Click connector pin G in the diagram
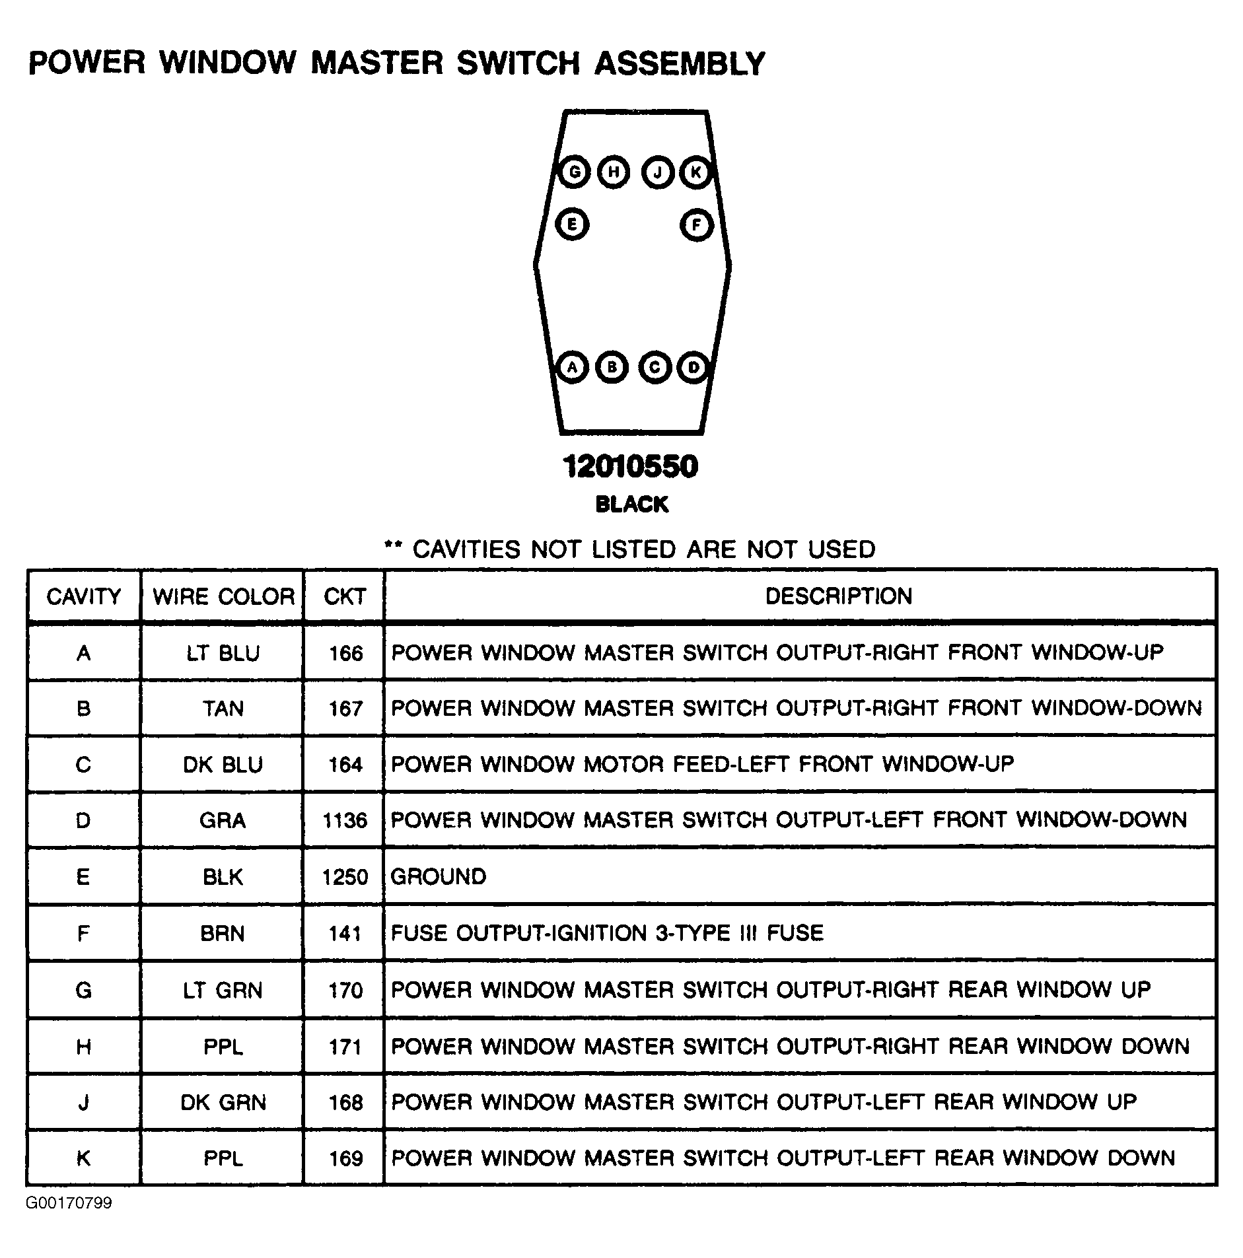click(573, 173)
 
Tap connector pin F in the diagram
click(696, 225)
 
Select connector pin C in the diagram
click(655, 367)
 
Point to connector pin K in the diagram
click(695, 173)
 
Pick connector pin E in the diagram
click(572, 225)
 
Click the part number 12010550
click(630, 467)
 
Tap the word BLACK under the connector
click(631, 505)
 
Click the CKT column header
click(344, 596)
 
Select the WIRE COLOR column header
click(223, 596)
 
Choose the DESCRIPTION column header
click(838, 596)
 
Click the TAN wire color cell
click(223, 709)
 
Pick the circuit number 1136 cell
click(344, 820)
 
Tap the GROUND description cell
click(439, 876)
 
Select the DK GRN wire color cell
click(223, 1102)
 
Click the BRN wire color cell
click(223, 933)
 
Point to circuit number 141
click(345, 933)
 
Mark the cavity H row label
click(84, 1047)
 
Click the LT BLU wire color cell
click(223, 653)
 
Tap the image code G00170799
click(69, 1203)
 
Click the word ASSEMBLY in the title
click(679, 63)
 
